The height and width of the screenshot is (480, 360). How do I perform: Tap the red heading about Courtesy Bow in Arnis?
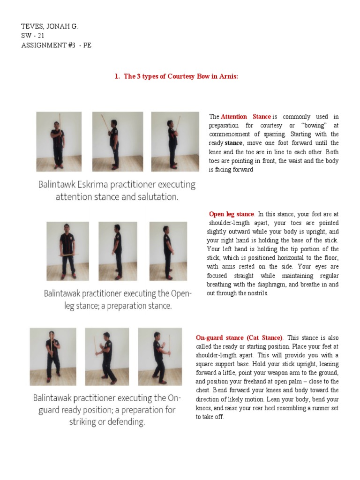176,76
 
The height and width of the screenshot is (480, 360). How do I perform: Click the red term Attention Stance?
246,116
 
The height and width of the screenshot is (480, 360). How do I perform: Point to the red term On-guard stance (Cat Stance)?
239,337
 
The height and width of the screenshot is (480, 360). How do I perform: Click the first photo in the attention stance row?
59,141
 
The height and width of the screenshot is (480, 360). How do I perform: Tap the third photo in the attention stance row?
174,141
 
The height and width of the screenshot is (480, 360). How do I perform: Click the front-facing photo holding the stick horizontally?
67,251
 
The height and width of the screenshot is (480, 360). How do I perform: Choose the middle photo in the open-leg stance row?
117,251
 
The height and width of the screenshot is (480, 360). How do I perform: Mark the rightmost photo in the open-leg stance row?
168,251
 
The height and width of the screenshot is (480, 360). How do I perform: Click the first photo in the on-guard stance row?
53,356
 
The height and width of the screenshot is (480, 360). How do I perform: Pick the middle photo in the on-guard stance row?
107,356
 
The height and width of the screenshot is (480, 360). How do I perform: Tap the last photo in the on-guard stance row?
159,356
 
